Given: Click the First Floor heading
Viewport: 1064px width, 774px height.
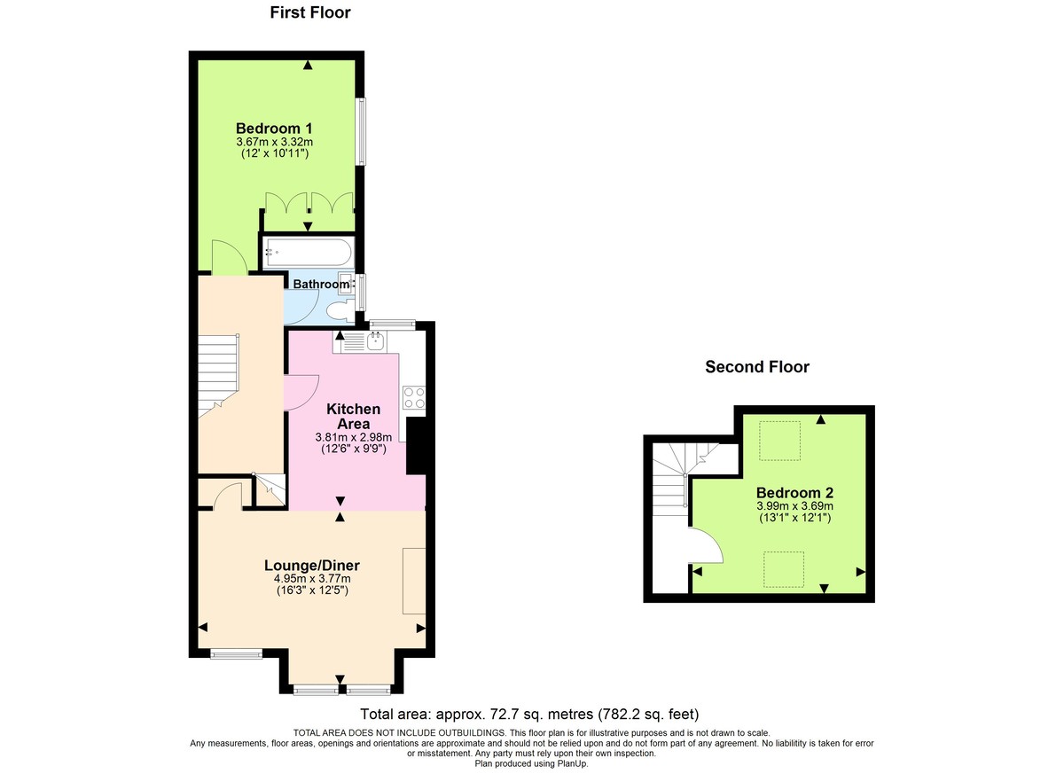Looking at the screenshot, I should [310, 12].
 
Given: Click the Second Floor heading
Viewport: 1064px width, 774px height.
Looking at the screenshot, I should [756, 367].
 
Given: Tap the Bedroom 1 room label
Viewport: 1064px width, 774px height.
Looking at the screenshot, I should [273, 127].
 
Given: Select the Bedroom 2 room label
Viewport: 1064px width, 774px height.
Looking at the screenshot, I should [794, 493].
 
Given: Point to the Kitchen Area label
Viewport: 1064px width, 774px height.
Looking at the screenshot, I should [354, 417].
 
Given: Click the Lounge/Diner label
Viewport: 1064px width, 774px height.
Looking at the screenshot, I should [312, 565].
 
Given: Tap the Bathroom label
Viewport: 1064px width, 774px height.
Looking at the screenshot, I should [321, 285].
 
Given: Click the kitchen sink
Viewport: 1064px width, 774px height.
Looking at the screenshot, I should [376, 341].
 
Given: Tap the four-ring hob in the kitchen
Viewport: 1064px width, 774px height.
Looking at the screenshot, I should [413, 397].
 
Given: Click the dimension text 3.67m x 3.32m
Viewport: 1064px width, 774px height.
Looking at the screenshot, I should [273, 141].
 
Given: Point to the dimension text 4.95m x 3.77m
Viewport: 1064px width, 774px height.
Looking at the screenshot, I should [312, 579].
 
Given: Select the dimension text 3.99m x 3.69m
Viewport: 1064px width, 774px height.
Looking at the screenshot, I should [794, 506].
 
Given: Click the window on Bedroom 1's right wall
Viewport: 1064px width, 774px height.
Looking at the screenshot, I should [361, 131].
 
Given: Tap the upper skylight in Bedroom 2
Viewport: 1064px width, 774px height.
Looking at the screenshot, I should [781, 441].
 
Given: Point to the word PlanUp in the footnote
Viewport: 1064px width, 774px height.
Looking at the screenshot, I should [568, 762].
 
